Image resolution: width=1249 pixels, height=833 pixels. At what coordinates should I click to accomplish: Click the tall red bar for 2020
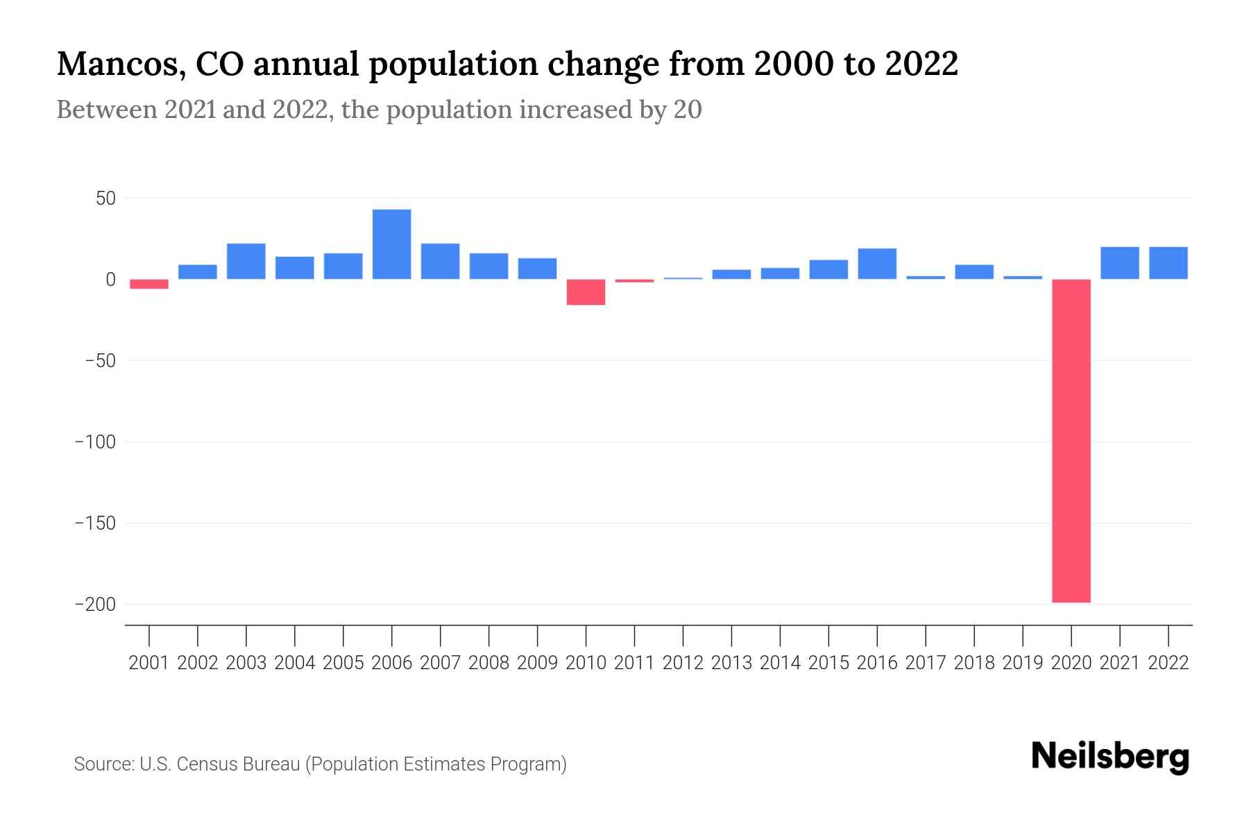[x=1071, y=441]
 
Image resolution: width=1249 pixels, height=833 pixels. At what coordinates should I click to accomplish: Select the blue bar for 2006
[x=392, y=244]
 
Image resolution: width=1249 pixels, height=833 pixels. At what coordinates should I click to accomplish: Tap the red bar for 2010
[x=586, y=292]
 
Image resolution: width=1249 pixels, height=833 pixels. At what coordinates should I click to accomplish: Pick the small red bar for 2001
[x=149, y=284]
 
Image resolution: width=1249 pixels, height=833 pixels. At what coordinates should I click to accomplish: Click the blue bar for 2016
[x=877, y=264]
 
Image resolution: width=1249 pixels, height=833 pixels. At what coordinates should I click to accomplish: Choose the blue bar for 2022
[x=1169, y=263]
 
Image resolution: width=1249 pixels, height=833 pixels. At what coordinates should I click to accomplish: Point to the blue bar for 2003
[x=246, y=261]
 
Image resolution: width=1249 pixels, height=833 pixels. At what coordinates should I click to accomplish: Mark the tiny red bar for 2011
[x=634, y=281]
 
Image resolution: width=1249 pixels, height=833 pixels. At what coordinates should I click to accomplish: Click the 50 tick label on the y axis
[x=105, y=199]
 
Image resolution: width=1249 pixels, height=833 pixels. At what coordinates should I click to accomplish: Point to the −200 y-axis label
[x=95, y=605]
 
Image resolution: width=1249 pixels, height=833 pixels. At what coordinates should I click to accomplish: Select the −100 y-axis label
[x=95, y=442]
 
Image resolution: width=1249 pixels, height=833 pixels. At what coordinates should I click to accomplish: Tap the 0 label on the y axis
[x=110, y=280]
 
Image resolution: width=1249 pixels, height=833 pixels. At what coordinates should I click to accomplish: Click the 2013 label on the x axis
[x=731, y=663]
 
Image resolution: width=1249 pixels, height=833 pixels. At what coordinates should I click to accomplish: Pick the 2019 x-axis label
[x=1023, y=663]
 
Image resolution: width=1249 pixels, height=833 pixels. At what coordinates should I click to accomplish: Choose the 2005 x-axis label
[x=343, y=663]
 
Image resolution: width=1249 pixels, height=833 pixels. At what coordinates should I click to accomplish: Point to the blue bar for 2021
[x=1120, y=263]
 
